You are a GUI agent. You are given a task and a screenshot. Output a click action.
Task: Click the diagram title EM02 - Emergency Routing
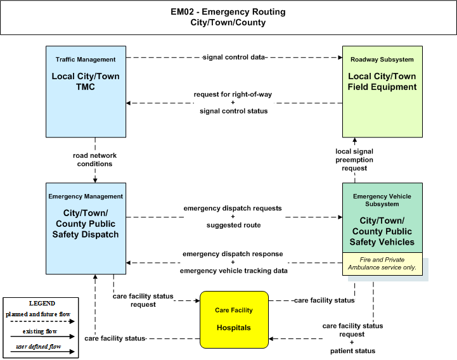tap(228, 11)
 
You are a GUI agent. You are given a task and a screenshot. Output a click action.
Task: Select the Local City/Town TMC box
tap(86, 91)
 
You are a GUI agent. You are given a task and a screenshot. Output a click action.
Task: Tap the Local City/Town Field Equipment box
tap(382, 91)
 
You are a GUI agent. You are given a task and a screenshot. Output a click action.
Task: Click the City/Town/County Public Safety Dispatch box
tap(86, 229)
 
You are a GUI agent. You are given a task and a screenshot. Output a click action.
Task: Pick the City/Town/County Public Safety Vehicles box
tap(382, 217)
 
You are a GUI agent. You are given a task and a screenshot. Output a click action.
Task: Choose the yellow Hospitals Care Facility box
tap(234, 319)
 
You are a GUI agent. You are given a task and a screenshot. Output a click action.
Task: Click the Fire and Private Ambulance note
tap(382, 264)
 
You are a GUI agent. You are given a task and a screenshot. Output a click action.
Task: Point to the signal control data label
tap(234, 57)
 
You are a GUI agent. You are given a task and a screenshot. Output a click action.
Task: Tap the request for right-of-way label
tap(233, 94)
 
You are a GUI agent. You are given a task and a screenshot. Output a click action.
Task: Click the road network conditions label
tap(94, 160)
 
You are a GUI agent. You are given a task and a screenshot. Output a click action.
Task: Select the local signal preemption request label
tap(354, 160)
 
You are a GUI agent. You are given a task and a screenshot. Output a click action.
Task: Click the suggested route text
tap(233, 225)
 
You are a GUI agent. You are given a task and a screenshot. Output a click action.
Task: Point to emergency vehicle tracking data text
tap(233, 271)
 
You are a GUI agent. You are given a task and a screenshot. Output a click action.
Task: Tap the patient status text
tap(352, 351)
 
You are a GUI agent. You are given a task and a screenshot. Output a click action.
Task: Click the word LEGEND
tap(42, 303)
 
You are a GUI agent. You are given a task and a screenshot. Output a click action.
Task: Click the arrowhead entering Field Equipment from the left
tap(340, 58)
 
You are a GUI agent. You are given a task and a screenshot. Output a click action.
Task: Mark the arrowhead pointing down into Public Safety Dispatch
tap(95, 181)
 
